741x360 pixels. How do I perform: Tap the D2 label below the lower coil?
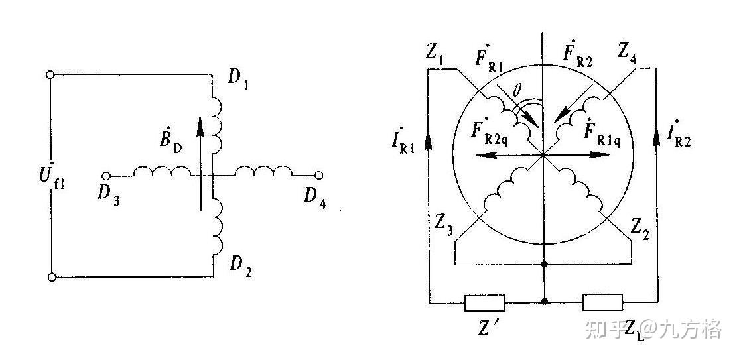click(x=240, y=267)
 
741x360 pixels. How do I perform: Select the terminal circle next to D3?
click(x=105, y=176)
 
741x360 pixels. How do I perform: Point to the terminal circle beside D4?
click(x=319, y=176)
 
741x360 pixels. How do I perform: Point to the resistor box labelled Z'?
click(x=485, y=303)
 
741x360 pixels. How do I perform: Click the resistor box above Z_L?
click(x=602, y=303)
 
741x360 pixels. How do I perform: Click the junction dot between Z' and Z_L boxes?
click(x=544, y=302)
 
